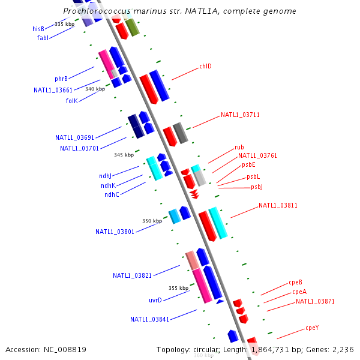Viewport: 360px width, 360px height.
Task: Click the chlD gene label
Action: point(205,67)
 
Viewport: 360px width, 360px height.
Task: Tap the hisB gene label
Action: point(38,29)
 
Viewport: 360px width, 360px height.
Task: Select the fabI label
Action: point(43,38)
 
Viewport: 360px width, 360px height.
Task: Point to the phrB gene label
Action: point(61,79)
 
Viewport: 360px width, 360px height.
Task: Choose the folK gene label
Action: point(72,101)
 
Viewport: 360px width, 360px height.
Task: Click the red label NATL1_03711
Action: point(240,115)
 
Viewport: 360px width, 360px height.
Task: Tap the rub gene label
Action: point(239,147)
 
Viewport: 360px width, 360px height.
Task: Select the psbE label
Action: point(248,164)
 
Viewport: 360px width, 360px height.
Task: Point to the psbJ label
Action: point(257,187)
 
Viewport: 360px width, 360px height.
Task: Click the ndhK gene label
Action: point(109,185)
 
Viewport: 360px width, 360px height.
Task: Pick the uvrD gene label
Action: point(155,300)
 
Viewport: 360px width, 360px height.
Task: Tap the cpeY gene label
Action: point(312,328)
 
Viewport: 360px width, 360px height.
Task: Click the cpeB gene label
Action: point(295,282)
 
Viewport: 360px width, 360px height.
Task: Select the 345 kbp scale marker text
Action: point(124,155)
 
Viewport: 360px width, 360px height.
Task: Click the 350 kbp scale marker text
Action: point(152,221)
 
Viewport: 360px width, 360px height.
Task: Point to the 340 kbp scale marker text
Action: point(95,89)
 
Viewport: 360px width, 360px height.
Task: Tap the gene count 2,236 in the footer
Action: point(342,349)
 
